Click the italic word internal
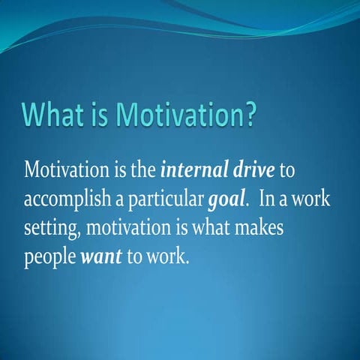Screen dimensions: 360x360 pyautogui.click(x=193, y=169)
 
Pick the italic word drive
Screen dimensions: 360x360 pyautogui.click(x=252, y=169)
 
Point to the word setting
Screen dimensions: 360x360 pyautogui.click(x=47, y=229)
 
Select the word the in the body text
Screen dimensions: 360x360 pyautogui.click(x=142, y=169)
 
